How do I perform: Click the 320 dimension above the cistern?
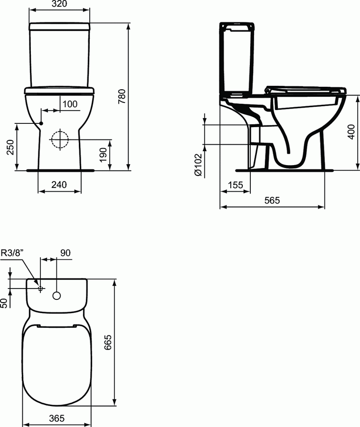click(59, 4)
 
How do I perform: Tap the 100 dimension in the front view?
click(69, 104)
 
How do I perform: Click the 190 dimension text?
click(103, 155)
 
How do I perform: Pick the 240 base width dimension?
click(59, 185)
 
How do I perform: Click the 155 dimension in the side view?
click(235, 185)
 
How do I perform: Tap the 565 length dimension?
click(272, 201)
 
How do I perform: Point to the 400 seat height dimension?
click(351, 131)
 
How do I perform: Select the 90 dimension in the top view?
click(65, 253)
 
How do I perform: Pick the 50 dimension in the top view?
click(4, 302)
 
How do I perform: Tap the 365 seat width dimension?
click(57, 418)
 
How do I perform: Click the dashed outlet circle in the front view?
click(59, 139)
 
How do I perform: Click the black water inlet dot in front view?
click(41, 123)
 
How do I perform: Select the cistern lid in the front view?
click(59, 26)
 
